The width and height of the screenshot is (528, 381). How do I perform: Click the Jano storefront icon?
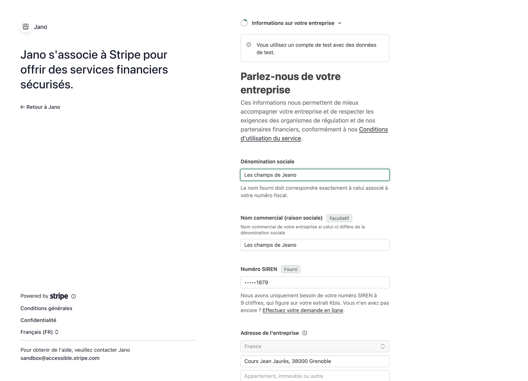pyautogui.click(x=26, y=27)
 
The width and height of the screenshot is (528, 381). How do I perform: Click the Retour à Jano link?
pyautogui.click(x=40, y=107)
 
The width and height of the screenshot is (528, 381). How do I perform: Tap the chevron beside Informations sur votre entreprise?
pyautogui.click(x=340, y=23)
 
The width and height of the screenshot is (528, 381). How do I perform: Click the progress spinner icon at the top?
pyautogui.click(x=244, y=23)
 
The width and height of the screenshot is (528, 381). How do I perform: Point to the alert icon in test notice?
pyautogui.click(x=249, y=45)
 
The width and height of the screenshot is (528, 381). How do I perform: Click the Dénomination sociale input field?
pyautogui.click(x=315, y=175)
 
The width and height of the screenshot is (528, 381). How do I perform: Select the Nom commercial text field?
pyautogui.click(x=315, y=245)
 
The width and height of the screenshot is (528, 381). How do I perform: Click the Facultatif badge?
pyautogui.click(x=339, y=218)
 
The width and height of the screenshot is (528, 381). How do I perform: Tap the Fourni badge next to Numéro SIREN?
pyautogui.click(x=290, y=269)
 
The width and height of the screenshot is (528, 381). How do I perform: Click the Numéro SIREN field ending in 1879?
pyautogui.click(x=315, y=283)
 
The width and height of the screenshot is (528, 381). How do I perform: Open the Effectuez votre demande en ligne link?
pyautogui.click(x=302, y=311)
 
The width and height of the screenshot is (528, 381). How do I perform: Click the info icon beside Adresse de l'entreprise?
pyautogui.click(x=305, y=333)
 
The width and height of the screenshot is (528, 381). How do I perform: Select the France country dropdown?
pyautogui.click(x=315, y=346)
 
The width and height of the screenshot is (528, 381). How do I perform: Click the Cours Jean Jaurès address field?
pyautogui.click(x=315, y=361)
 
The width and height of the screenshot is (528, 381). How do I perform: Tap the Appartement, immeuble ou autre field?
pyautogui.click(x=315, y=376)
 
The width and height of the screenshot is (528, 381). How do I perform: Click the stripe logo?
pyautogui.click(x=59, y=296)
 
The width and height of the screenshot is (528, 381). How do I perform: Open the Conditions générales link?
pyautogui.click(x=46, y=308)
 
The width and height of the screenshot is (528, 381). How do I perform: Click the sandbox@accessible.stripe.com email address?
pyautogui.click(x=60, y=358)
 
